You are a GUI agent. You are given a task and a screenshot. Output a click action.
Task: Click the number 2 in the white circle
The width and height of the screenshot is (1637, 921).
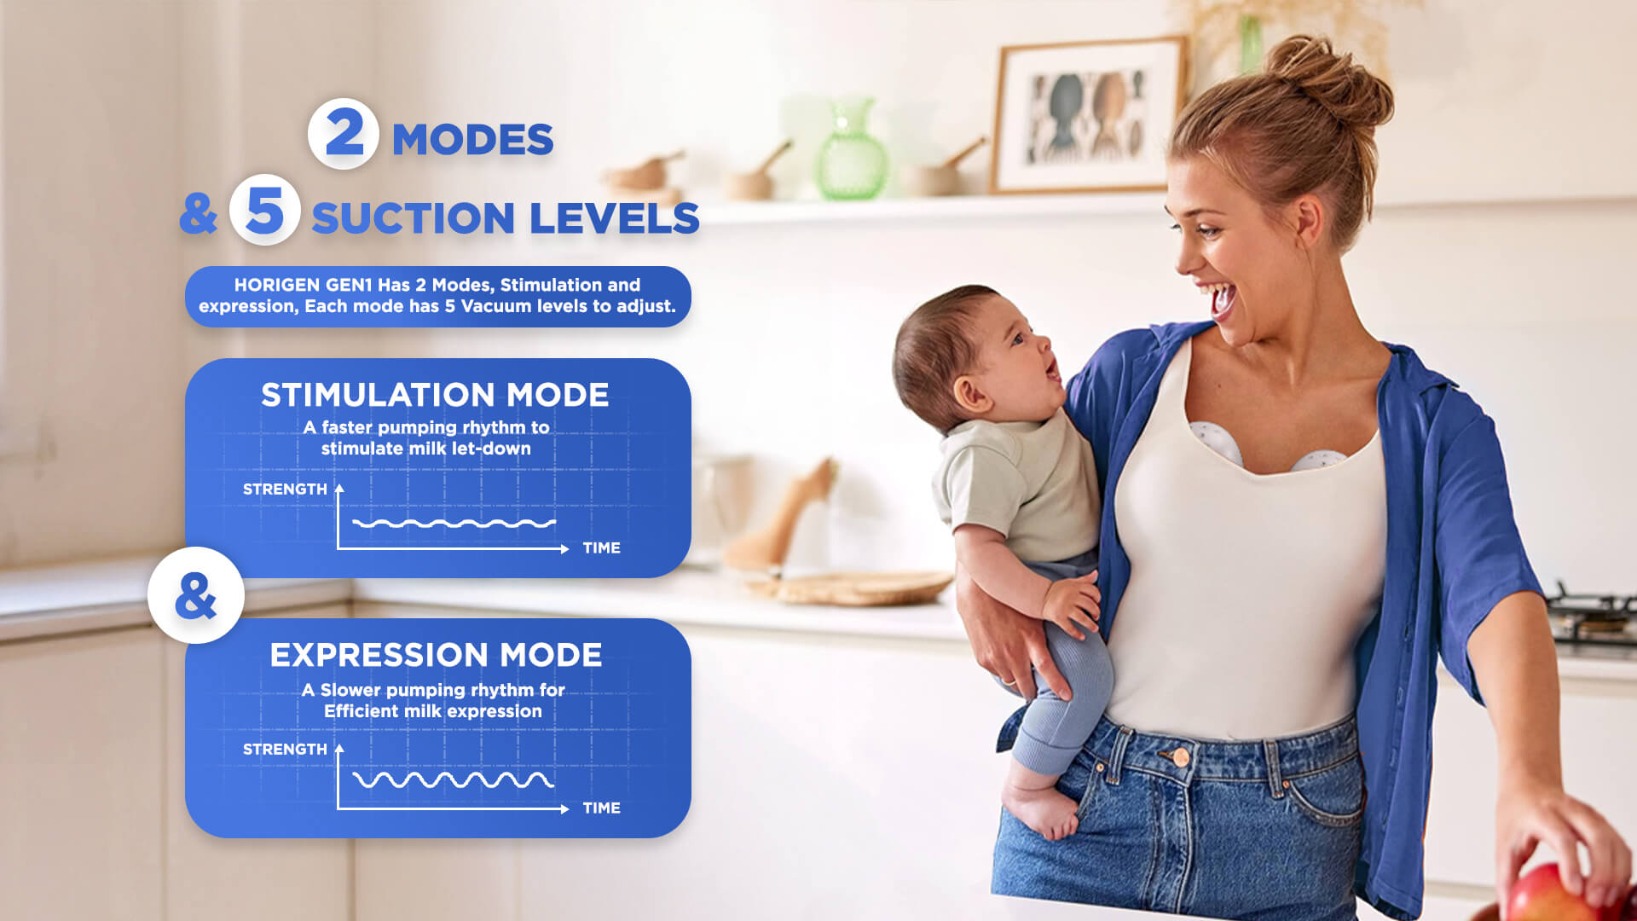344,134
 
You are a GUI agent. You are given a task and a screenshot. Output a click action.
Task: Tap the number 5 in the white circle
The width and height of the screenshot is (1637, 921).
264,210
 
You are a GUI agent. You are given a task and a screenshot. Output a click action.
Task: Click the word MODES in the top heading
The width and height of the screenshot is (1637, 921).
472,140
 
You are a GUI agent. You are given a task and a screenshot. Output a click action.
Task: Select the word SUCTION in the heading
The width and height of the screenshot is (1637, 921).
414,218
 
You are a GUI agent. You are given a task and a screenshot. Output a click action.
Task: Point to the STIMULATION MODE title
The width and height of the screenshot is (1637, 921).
435,395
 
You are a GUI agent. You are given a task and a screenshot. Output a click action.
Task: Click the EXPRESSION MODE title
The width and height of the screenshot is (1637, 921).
436,655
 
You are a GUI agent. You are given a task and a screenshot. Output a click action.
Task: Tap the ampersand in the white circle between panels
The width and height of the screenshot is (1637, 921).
195,595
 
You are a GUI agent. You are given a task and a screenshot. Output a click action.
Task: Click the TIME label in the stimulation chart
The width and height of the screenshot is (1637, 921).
601,548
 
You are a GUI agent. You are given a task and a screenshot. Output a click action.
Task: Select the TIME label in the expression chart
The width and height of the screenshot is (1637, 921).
601,808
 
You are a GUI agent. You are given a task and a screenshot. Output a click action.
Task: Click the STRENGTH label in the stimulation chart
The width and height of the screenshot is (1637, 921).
285,489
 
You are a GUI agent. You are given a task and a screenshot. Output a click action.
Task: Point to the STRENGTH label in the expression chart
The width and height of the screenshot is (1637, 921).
285,750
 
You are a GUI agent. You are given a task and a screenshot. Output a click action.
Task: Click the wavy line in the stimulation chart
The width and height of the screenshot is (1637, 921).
454,523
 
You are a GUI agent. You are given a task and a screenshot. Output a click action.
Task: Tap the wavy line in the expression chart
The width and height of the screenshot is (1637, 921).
454,779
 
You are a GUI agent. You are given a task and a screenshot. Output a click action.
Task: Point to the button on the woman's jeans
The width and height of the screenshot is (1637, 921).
1181,756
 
